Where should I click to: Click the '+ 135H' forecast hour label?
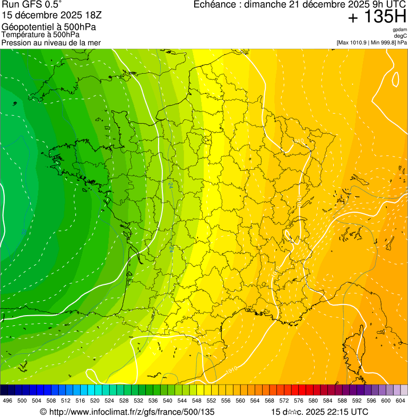click(x=377, y=18)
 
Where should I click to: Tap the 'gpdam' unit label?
click(x=400, y=30)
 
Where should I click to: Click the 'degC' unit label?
click(x=401, y=36)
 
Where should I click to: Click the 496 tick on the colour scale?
click(x=7, y=401)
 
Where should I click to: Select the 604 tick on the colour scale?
click(x=400, y=401)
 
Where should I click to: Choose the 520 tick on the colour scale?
click(x=94, y=401)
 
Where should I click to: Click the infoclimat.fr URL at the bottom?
click(x=127, y=412)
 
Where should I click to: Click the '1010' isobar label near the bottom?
click(x=231, y=369)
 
